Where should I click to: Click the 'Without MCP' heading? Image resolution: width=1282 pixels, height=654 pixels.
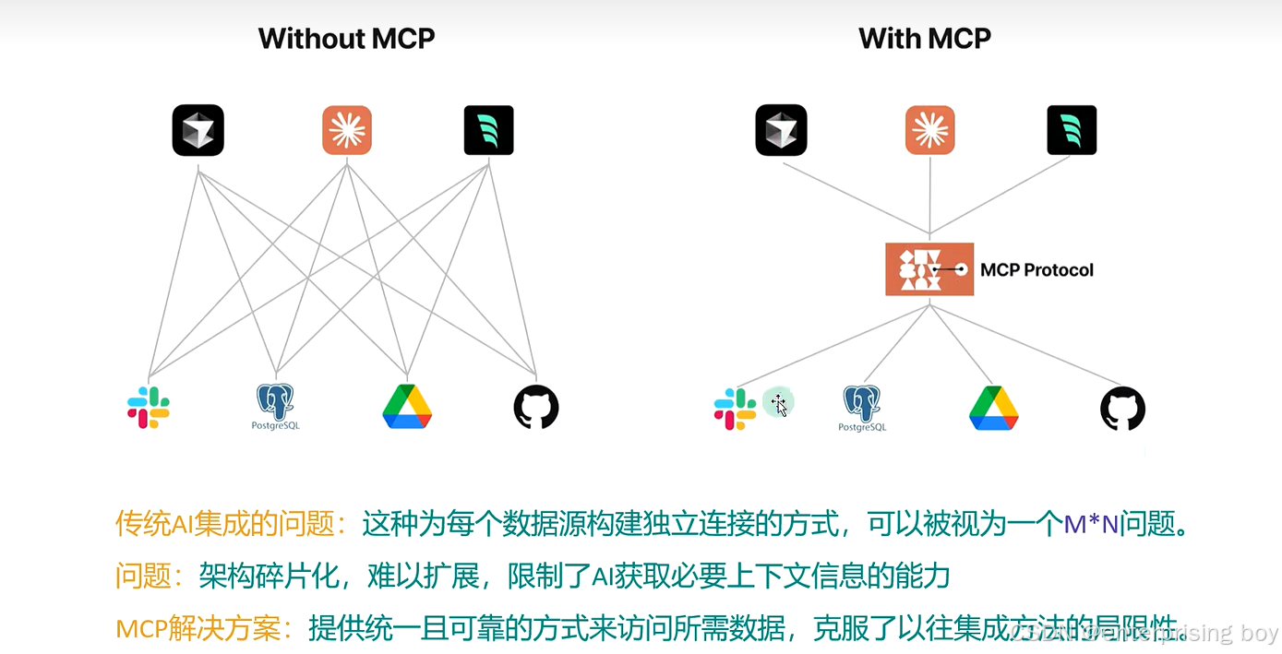coord(346,39)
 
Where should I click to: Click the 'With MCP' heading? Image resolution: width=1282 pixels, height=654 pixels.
coord(924,39)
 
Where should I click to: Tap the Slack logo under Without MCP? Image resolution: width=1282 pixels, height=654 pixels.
coord(149,408)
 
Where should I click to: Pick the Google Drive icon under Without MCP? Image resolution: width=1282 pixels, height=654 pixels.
coord(407,407)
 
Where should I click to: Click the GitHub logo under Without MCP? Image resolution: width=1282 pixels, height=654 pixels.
coord(536,407)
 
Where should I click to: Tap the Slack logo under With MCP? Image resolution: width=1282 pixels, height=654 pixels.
coord(735,409)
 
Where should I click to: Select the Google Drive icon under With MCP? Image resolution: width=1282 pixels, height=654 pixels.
coord(993,408)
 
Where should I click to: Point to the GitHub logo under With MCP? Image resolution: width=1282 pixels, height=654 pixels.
coord(1122,408)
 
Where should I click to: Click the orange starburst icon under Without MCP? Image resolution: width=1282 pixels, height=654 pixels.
coord(347,130)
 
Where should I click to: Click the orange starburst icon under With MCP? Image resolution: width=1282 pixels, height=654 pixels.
coord(929,130)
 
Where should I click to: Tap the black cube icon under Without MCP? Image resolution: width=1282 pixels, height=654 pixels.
coord(198,130)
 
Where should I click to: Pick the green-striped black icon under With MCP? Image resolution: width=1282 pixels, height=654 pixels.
coord(1072,130)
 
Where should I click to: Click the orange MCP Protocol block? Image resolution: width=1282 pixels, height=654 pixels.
coord(929,269)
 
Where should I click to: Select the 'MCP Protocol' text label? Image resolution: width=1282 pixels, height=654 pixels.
coord(1036,270)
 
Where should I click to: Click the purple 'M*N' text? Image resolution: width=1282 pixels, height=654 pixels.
coord(1091,525)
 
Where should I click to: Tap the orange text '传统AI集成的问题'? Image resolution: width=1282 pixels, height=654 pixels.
coord(223,525)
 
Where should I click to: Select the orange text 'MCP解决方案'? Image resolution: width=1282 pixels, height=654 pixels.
coord(203,630)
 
